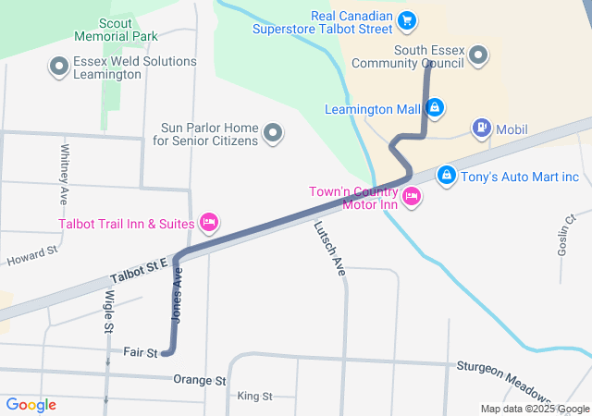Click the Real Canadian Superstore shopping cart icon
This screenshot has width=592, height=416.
tap(405, 19)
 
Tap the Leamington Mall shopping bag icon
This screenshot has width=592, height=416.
tap(435, 109)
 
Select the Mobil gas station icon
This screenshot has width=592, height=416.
tap(481, 128)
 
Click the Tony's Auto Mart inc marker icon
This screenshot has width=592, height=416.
tap(446, 174)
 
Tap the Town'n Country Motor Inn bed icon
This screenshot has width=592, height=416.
tap(412, 195)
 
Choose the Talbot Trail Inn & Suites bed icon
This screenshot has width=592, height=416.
tap(209, 222)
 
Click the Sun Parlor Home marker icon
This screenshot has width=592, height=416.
tap(273, 134)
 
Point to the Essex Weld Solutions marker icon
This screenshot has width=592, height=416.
tap(60, 67)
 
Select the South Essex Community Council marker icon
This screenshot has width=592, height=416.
tap(478, 57)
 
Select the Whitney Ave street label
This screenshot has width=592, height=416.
tap(65, 174)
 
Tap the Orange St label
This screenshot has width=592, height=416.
tap(199, 380)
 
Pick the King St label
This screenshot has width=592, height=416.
tap(254, 397)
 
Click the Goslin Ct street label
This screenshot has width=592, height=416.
tap(568, 237)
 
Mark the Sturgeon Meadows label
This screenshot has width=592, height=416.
tap(503, 373)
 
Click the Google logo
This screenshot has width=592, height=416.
tap(31, 405)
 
